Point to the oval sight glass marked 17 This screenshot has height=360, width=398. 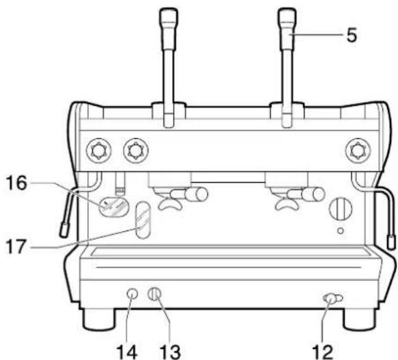(142, 222)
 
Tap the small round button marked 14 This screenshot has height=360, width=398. (133, 294)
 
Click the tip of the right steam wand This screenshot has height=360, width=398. (390, 241)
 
